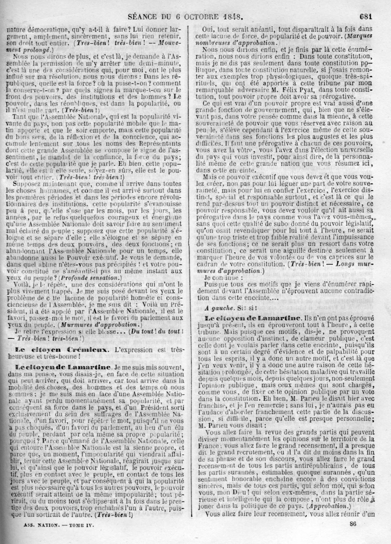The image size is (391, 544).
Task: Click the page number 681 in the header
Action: pos(366,16)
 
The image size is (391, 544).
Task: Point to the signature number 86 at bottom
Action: pos(353,523)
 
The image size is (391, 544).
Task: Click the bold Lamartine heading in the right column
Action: pos(278,319)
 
